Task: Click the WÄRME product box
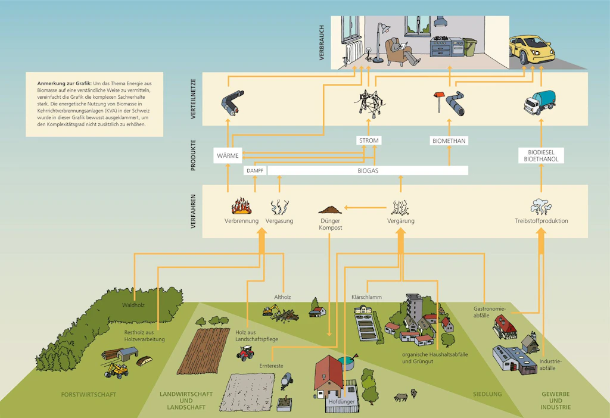tap(228, 155)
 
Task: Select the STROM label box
tap(369, 141)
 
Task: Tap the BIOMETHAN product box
tap(449, 141)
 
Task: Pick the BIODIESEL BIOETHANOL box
tap(541, 155)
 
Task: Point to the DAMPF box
tap(255, 171)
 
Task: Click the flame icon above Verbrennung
tap(241, 206)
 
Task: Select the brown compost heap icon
tap(330, 210)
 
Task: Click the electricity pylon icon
tap(369, 104)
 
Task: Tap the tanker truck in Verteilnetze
tap(540, 102)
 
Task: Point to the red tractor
tap(245, 353)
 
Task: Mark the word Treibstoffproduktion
tap(541, 221)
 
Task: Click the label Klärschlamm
tap(366, 297)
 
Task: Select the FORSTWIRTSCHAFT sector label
tap(89, 395)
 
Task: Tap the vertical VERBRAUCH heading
tap(322, 42)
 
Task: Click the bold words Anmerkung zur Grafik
tap(64, 83)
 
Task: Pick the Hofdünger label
tap(341, 401)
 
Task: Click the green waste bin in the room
tap(470, 47)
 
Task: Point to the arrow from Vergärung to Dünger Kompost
tap(365, 208)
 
